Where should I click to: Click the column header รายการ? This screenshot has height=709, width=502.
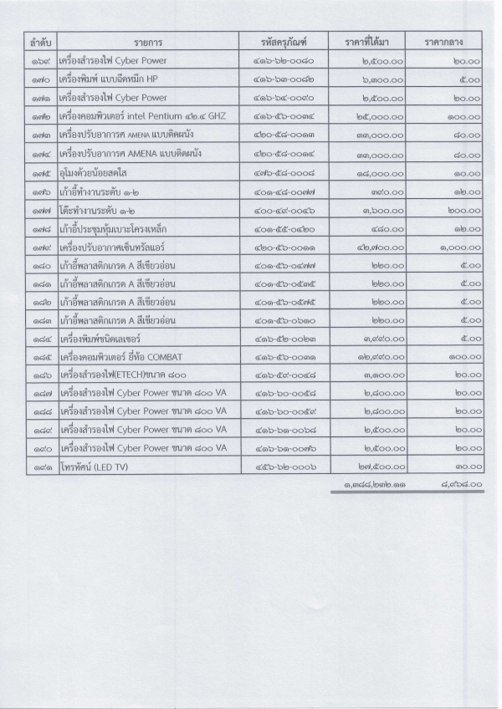pos(147,41)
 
